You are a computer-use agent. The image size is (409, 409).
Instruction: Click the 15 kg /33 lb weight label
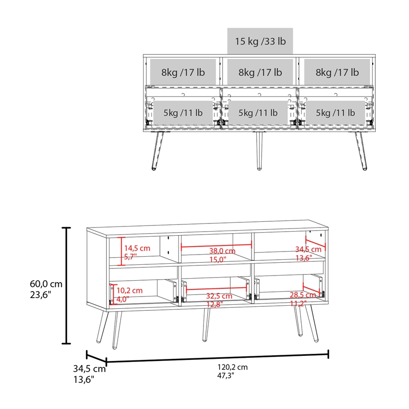(x=260, y=41)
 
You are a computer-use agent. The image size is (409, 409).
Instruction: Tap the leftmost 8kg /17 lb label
(x=183, y=73)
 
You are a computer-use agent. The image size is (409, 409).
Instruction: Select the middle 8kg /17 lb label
(x=260, y=73)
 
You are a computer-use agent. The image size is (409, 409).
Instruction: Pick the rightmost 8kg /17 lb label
(x=337, y=73)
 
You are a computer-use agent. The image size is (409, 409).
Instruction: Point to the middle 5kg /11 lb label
(x=258, y=112)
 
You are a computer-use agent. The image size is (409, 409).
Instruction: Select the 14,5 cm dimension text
(x=138, y=248)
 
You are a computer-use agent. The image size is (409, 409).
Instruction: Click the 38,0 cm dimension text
(x=222, y=251)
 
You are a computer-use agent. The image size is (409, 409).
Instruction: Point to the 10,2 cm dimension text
(x=130, y=290)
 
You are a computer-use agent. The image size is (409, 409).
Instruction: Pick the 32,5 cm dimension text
(x=219, y=296)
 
